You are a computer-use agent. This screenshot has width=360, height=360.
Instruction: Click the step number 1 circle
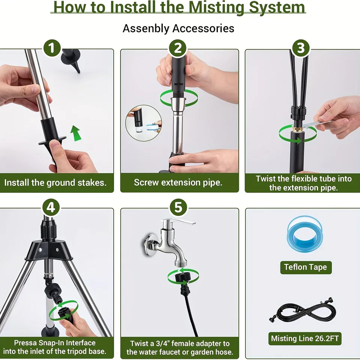click(x=52, y=48)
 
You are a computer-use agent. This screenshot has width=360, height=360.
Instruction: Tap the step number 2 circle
click(x=178, y=48)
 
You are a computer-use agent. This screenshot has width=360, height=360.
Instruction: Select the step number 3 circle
click(x=301, y=48)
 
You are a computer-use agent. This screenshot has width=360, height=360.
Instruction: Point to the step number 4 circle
click(x=51, y=207)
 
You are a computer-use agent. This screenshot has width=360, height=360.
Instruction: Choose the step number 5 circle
click(x=178, y=207)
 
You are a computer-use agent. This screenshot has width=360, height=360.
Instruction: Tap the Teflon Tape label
click(x=306, y=267)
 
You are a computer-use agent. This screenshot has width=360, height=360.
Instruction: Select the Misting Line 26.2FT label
click(x=305, y=339)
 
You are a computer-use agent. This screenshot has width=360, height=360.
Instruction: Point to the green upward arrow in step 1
click(x=75, y=133)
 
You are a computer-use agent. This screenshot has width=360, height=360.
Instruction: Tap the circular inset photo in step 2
click(x=144, y=123)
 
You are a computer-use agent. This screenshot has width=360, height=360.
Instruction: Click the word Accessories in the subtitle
click(x=203, y=28)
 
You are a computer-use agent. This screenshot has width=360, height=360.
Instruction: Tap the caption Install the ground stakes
click(x=55, y=183)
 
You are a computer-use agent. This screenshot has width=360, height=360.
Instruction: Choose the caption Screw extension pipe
click(x=178, y=183)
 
